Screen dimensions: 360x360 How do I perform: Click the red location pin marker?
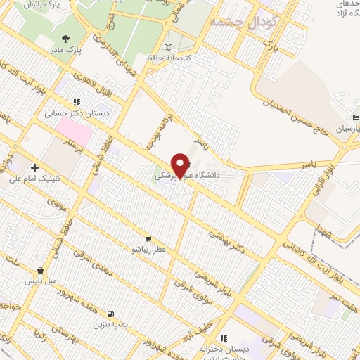(x=181, y=165)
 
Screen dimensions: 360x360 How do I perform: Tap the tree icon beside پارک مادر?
(x=65, y=39)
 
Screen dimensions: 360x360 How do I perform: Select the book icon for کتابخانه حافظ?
(x=167, y=47)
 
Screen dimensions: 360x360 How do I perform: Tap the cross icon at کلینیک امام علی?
(x=34, y=167)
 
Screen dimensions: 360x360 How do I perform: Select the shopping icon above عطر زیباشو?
(x=148, y=238)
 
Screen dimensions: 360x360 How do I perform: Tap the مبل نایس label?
(x=40, y=281)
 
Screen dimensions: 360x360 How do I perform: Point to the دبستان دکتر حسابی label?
(x=78, y=112)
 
